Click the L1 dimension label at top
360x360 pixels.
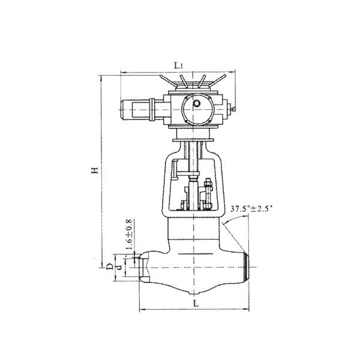click(178, 66)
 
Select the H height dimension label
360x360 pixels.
click(95, 170)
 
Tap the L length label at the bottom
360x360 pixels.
click(196, 304)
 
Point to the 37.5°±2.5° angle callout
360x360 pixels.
click(251, 209)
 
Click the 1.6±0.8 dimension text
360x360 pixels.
click(129, 235)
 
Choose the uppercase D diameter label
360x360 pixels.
click(110, 266)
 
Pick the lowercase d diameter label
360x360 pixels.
click(119, 267)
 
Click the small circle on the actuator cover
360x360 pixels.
click(197, 104)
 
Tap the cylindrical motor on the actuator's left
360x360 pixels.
click(135, 110)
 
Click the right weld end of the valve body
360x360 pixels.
click(246, 267)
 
